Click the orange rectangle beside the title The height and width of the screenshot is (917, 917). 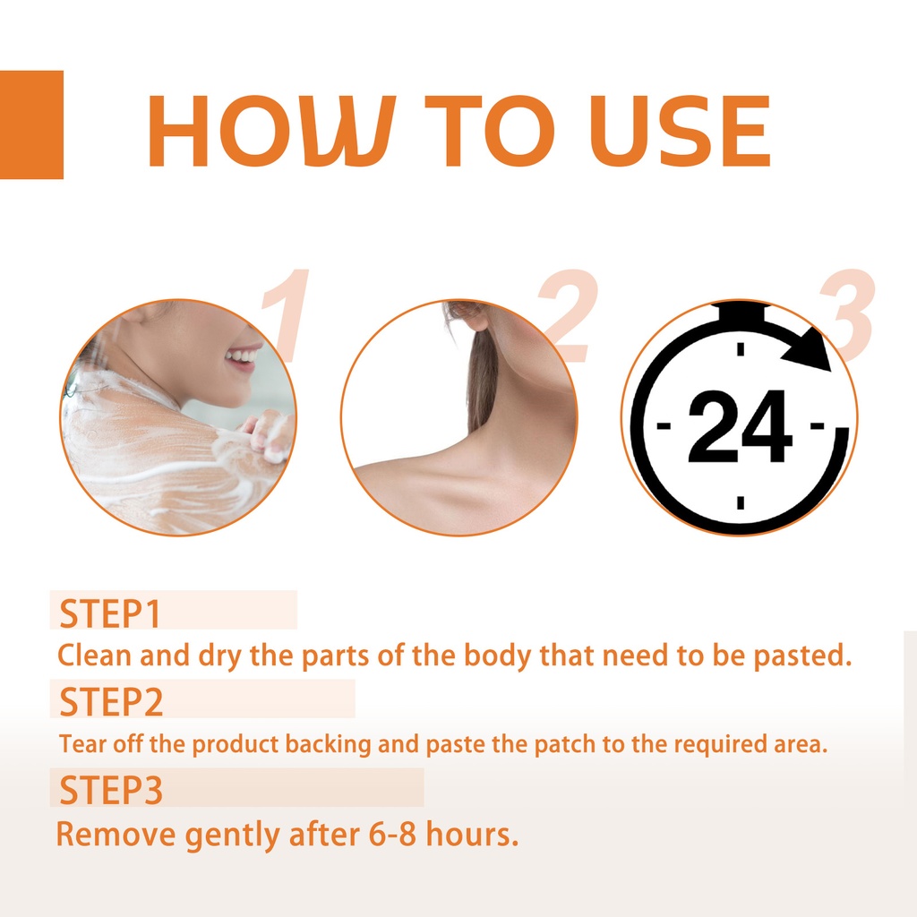(31, 124)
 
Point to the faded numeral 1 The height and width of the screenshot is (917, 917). (286, 315)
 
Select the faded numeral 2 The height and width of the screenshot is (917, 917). (566, 315)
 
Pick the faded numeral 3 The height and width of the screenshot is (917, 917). (847, 315)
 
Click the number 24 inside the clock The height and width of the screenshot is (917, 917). (740, 427)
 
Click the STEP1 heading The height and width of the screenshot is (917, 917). (110, 613)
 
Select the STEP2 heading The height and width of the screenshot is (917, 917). (111, 702)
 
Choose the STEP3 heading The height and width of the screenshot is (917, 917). (111, 790)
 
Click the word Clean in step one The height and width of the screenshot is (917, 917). (94, 655)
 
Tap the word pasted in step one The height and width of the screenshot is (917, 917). (801, 656)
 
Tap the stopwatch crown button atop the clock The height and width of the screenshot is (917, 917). (741, 312)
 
